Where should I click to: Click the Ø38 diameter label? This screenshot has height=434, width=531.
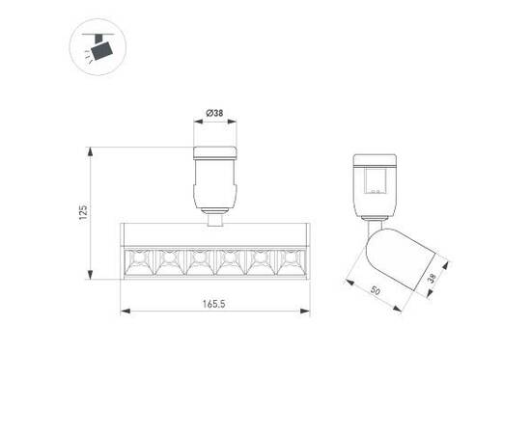[214, 114]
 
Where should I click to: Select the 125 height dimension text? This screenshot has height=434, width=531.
[84, 212]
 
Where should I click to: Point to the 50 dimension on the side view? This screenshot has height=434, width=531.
[374, 289]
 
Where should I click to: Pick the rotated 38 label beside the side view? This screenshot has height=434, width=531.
[432, 278]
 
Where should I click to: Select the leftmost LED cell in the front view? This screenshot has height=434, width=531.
[139, 261]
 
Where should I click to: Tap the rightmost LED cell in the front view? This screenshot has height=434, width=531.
[290, 261]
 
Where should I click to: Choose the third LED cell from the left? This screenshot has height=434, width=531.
[199, 261]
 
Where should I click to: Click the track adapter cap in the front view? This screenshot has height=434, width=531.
[214, 151]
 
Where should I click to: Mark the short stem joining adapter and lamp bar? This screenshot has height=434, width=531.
[214, 219]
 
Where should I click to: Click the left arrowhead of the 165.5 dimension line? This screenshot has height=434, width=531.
[124, 311]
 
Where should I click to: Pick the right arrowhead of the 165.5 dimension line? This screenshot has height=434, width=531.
[306, 311]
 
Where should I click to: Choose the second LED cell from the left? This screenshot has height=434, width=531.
[169, 261]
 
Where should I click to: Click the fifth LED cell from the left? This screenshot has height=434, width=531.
[260, 261]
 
